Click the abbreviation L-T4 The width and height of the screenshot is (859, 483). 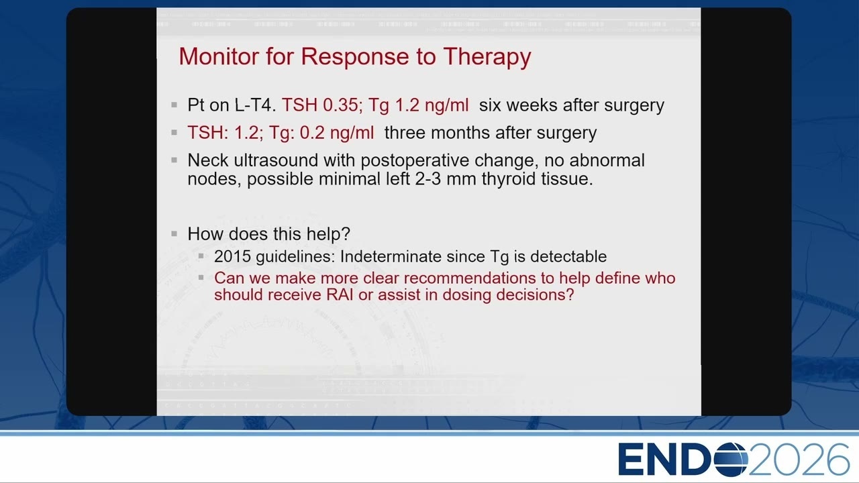click(256, 105)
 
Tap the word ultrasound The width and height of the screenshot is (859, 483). click(276, 160)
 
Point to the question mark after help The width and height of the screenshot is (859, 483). click(346, 233)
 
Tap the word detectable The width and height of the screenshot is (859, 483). click(568, 256)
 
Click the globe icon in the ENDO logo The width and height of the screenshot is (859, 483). click(731, 459)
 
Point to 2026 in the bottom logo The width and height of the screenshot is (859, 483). click(799, 459)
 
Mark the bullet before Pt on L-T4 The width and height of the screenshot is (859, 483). click(174, 104)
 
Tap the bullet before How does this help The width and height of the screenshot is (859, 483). click(174, 233)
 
